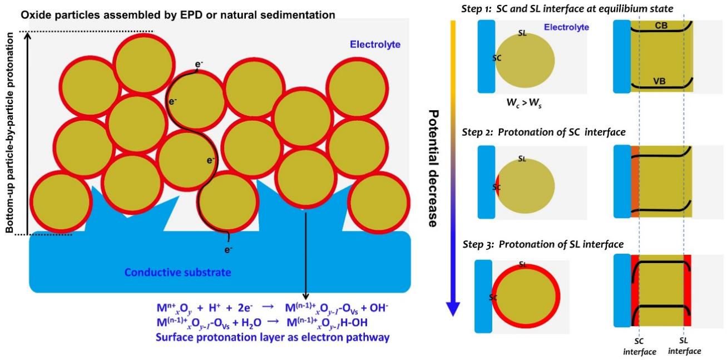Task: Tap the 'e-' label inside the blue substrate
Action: (x=228, y=250)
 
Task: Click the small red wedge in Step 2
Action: (x=498, y=185)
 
